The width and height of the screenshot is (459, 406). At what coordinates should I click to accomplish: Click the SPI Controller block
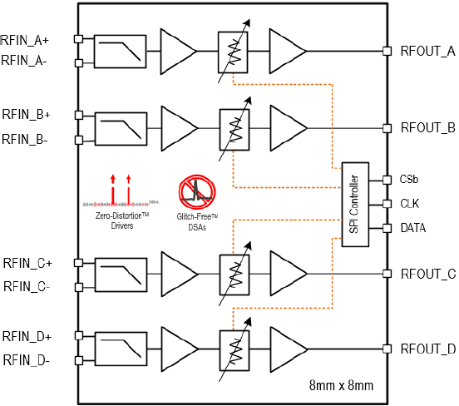[x=355, y=205]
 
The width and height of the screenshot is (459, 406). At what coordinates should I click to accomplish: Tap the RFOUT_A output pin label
[x=428, y=52]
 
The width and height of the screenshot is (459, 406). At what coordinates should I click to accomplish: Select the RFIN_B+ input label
[x=27, y=115]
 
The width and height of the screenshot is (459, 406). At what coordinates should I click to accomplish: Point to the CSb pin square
[x=387, y=180]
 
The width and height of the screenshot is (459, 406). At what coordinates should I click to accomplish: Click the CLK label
[x=410, y=204]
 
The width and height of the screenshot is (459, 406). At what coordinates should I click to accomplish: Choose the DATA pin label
[x=413, y=228]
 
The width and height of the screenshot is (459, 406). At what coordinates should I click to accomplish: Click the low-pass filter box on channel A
[x=120, y=52]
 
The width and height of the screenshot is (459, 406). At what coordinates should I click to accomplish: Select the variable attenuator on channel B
[x=234, y=130]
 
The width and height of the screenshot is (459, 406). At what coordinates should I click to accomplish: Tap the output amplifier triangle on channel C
[x=289, y=274]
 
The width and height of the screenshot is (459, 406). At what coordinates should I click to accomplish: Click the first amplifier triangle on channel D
[x=180, y=349]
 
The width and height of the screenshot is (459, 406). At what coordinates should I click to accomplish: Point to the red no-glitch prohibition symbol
[x=197, y=192]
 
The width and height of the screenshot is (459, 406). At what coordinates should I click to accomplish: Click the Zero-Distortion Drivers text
[x=122, y=220]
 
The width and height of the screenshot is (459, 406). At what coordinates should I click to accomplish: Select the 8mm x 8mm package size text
[x=341, y=385]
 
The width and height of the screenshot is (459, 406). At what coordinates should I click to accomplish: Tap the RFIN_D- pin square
[x=79, y=360]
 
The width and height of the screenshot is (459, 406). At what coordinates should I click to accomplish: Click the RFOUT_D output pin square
[x=387, y=349]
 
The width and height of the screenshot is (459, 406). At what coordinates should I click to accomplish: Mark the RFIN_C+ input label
[x=27, y=263]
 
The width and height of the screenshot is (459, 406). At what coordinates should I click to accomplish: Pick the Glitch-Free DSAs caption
[x=197, y=222]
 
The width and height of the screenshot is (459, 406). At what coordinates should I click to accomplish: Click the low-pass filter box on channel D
[x=121, y=349]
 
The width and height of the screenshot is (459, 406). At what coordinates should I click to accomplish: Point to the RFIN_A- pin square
[x=79, y=63]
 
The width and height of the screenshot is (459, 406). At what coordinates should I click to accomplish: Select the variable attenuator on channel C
[x=234, y=275]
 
